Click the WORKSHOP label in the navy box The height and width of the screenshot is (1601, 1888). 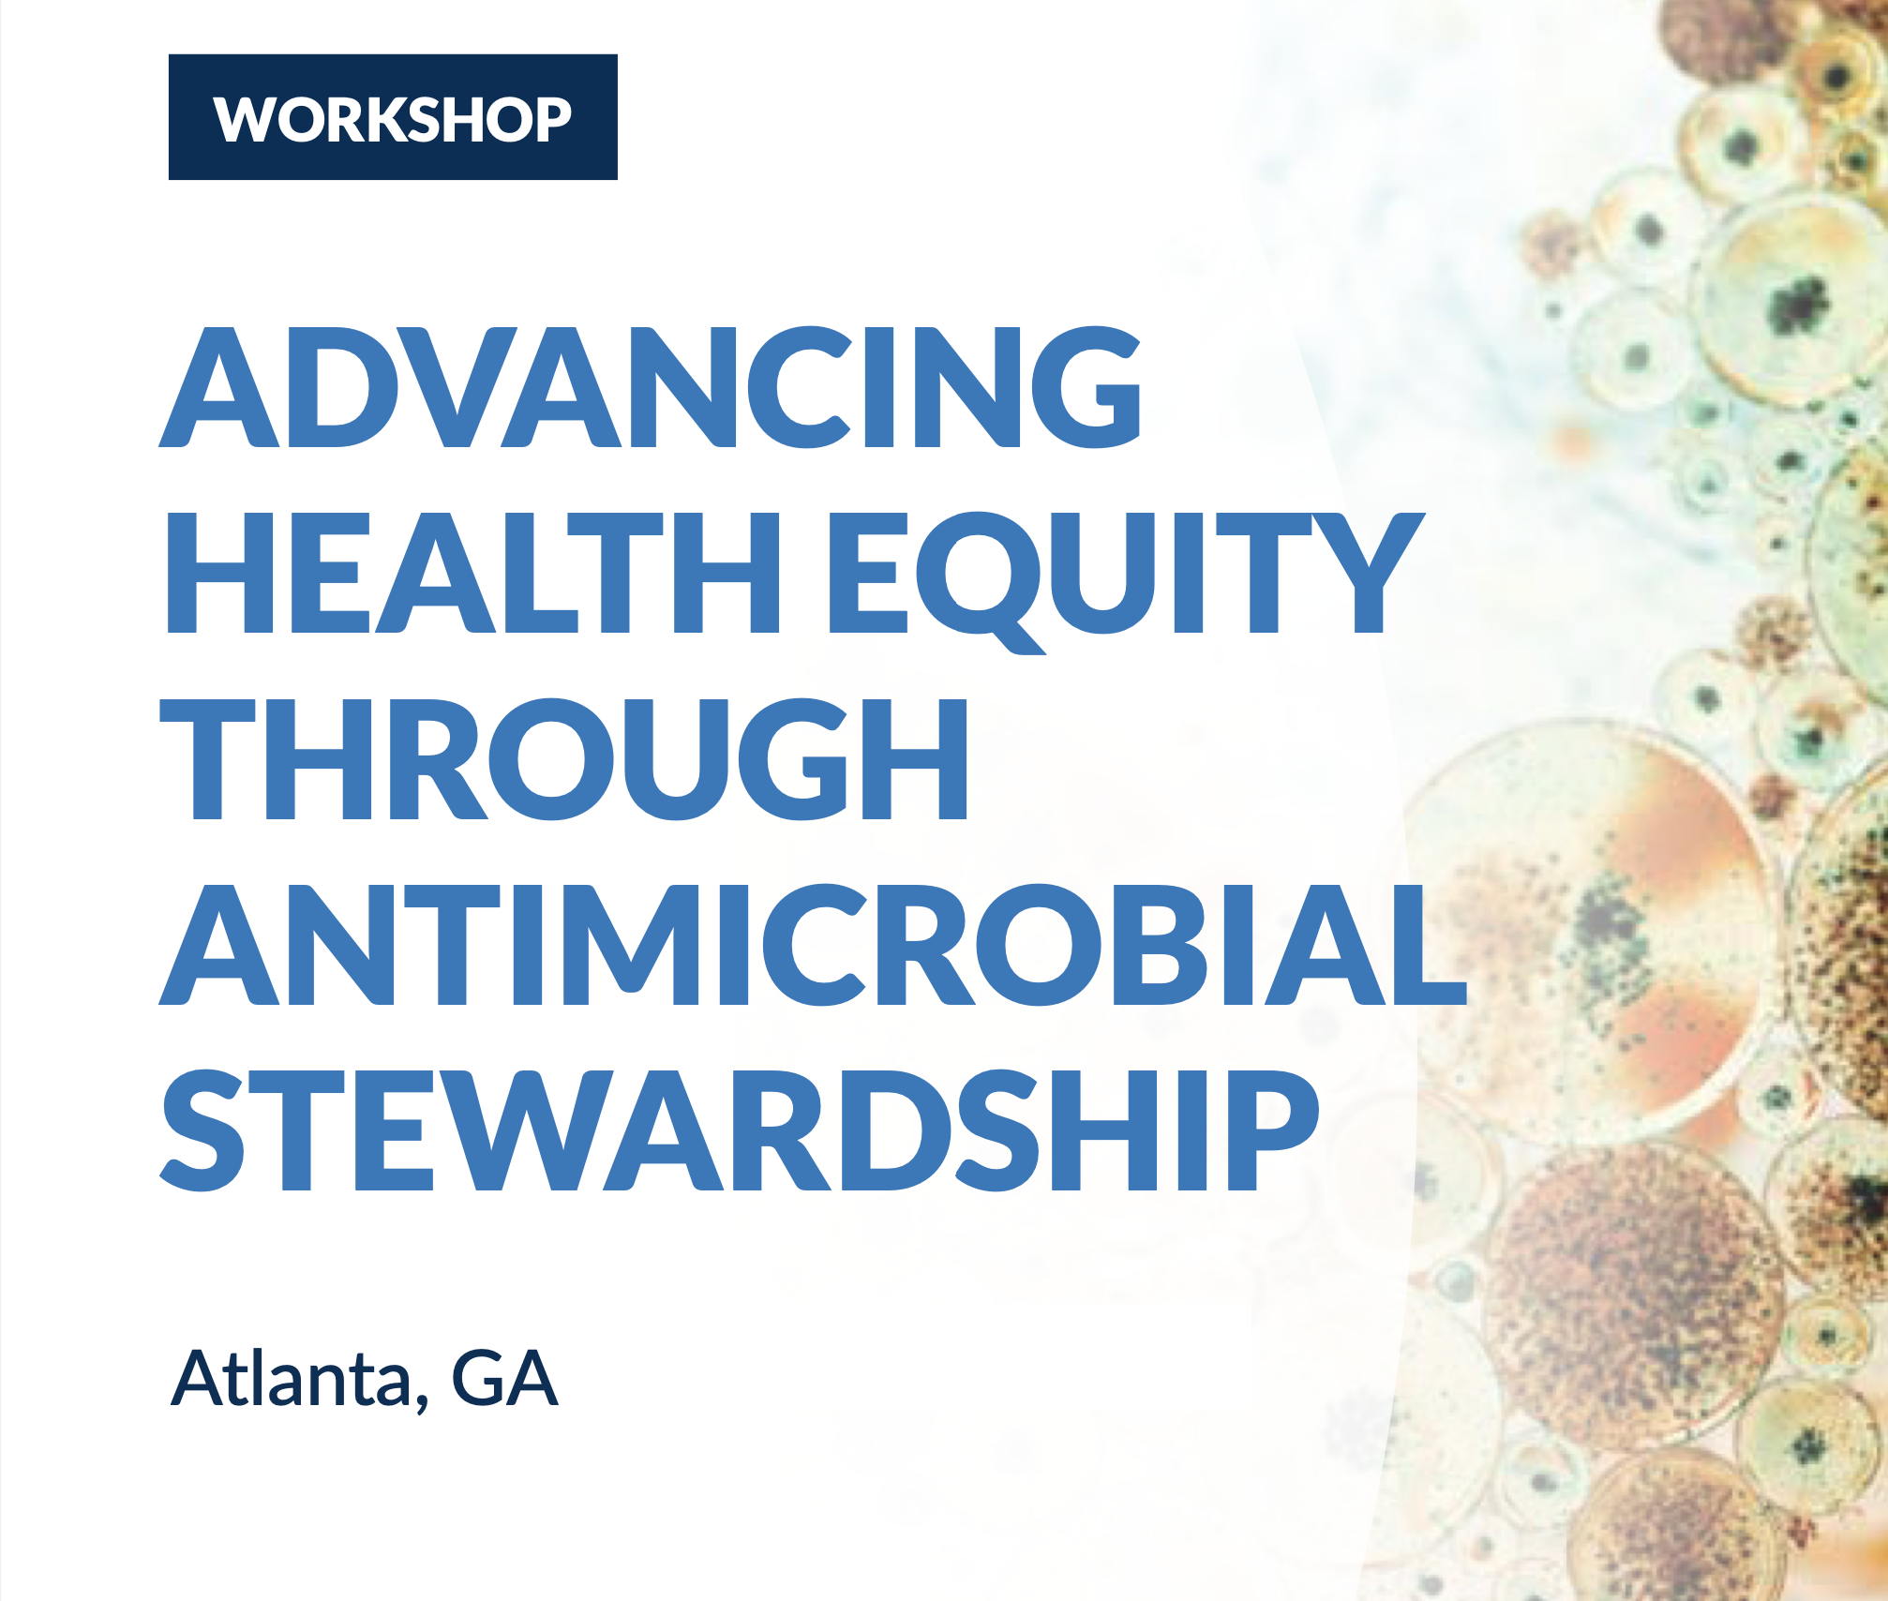pyautogui.click(x=393, y=119)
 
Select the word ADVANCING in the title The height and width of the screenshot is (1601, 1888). pyautogui.click(x=651, y=386)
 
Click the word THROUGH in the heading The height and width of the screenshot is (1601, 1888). pyautogui.click(x=564, y=758)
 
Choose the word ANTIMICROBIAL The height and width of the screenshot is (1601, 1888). pyautogui.click(x=813, y=944)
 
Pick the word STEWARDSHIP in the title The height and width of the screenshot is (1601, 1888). pyautogui.click(x=741, y=1130)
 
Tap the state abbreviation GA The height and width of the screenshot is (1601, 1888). pyautogui.click(x=504, y=1378)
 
